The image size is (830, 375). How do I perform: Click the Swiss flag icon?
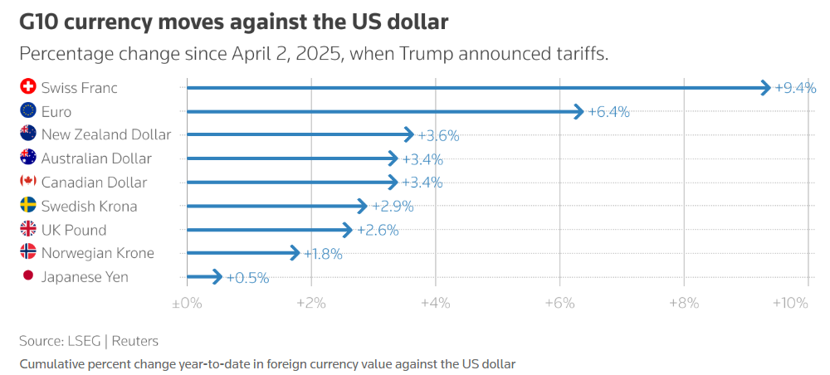pos(27,87)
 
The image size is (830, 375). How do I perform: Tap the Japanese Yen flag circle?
pos(27,277)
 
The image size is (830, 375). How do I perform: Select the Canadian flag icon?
pos(27,182)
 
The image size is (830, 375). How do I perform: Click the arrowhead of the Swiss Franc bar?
pos(765,87)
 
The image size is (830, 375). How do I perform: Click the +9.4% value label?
pos(795,87)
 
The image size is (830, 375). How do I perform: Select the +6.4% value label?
pos(608,111)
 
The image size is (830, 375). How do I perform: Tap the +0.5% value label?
pos(247,278)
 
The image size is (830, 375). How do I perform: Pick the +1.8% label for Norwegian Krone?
pos(323,254)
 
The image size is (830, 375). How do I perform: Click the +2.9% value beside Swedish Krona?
pos(392,207)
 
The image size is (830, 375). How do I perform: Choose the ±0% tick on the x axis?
pos(187,304)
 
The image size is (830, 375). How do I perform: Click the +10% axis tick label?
pos(790,304)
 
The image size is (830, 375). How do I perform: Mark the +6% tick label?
pos(559,304)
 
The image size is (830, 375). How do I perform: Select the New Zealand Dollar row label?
pos(106,134)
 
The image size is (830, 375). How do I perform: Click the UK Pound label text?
pos(74,230)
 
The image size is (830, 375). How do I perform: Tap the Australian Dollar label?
pos(96,158)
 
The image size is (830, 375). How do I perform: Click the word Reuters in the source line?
pos(134,341)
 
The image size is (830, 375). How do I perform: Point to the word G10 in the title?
pos(40,22)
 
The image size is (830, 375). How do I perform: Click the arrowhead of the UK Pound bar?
pos(348,230)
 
